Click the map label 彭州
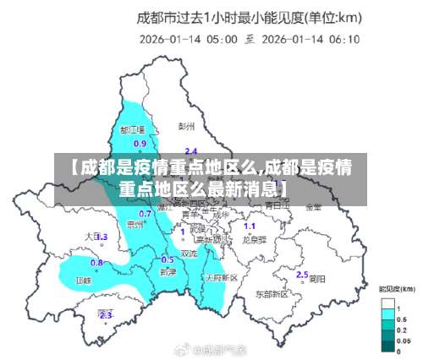(x=187, y=126)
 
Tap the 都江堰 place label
(x=133, y=130)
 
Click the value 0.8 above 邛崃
(x=97, y=263)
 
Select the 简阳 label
(x=317, y=278)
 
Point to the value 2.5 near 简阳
(x=302, y=275)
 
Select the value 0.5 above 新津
(x=168, y=259)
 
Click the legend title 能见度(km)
(x=397, y=290)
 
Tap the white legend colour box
(x=389, y=303)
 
